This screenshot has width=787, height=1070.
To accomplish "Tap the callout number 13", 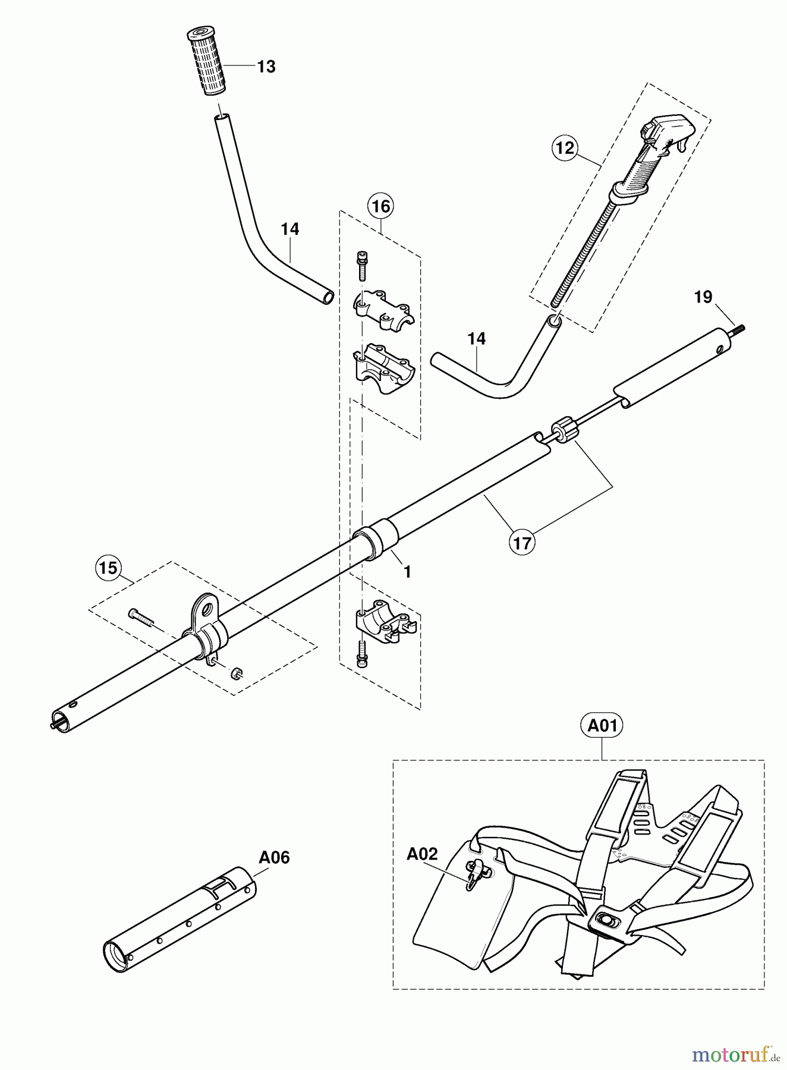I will tap(266, 67).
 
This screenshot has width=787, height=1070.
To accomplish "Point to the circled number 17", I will tap(522, 542).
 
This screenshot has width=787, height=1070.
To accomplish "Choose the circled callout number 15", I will tap(108, 568).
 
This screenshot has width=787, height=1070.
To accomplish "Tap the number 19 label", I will tap(703, 297).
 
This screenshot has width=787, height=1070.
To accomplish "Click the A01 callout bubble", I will tap(602, 726).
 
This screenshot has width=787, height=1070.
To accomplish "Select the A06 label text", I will tap(274, 857).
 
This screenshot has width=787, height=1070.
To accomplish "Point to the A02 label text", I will tap(422, 854).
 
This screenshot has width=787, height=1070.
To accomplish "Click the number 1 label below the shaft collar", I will tap(407, 572).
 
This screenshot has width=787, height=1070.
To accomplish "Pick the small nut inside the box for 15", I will tap(236, 672).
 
